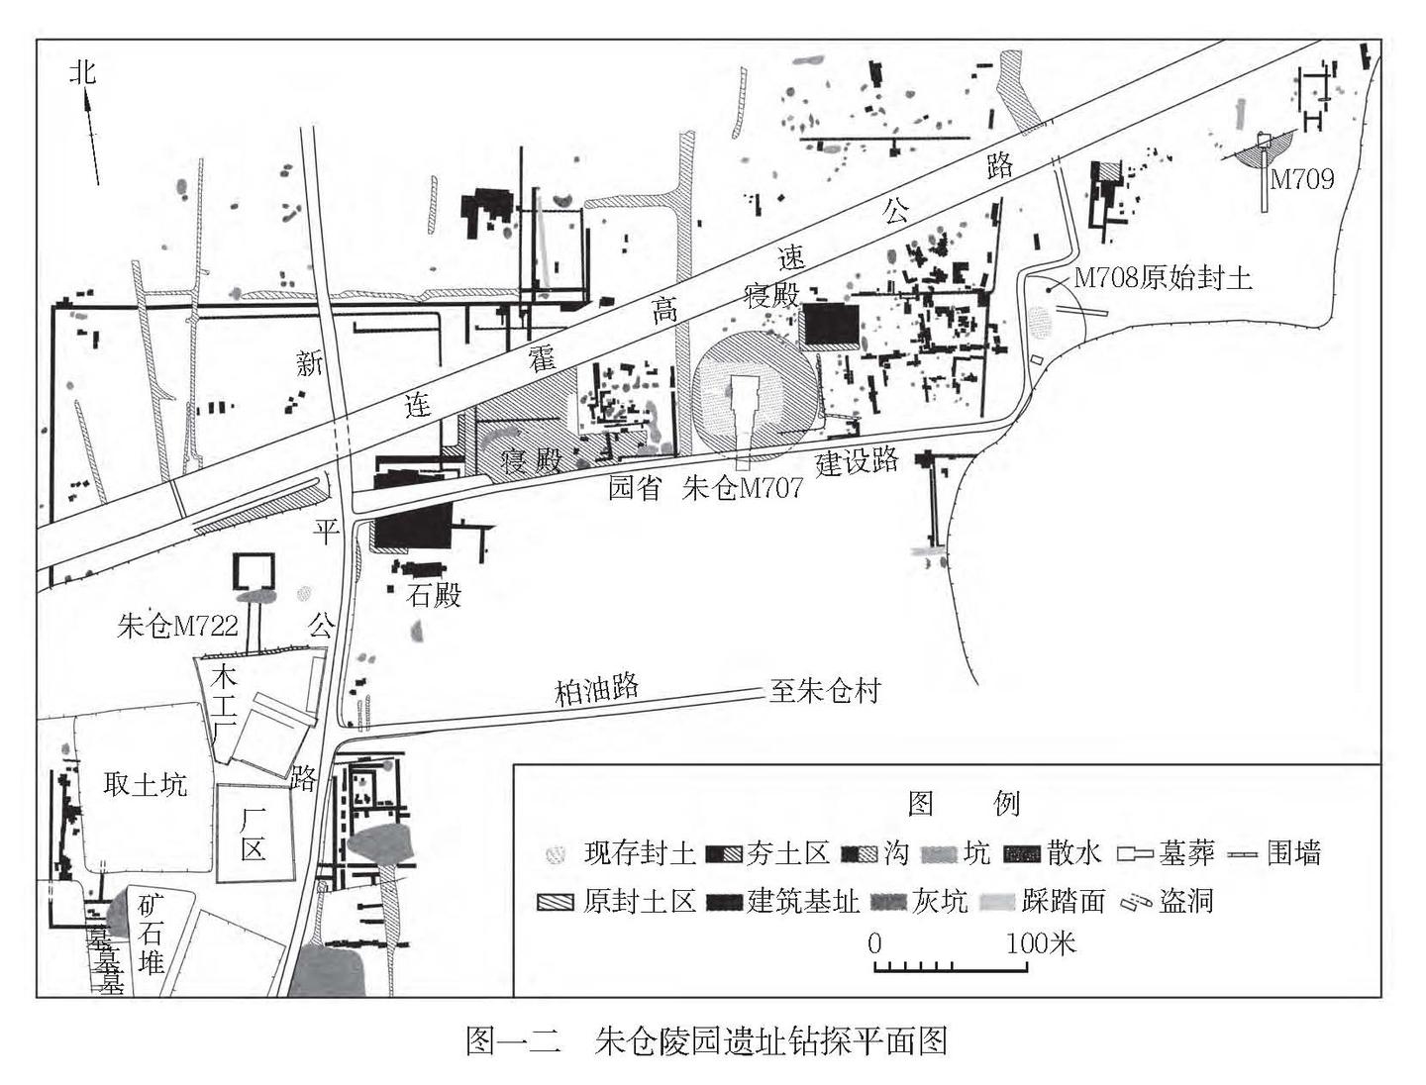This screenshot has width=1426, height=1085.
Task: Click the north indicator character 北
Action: (84, 71)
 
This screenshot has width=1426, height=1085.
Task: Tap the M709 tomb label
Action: (1301, 179)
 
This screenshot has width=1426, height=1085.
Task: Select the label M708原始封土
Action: (1163, 278)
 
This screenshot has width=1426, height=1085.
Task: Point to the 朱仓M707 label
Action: (742, 488)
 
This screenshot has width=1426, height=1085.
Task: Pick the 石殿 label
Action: (434, 595)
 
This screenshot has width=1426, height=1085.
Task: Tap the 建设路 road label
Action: (857, 460)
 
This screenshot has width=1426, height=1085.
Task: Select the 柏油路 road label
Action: (596, 689)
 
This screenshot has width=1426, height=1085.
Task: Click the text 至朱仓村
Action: (825, 690)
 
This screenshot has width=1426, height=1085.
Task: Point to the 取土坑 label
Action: (145, 785)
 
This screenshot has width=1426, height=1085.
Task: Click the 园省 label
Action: (634, 488)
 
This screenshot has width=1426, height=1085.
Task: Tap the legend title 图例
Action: (964, 803)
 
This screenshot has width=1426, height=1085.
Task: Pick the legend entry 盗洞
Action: (1185, 901)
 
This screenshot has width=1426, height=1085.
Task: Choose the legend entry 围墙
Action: (1293, 852)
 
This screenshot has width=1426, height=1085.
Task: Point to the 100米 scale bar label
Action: (1041, 942)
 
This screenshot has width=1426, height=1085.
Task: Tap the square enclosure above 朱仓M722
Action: (253, 572)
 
